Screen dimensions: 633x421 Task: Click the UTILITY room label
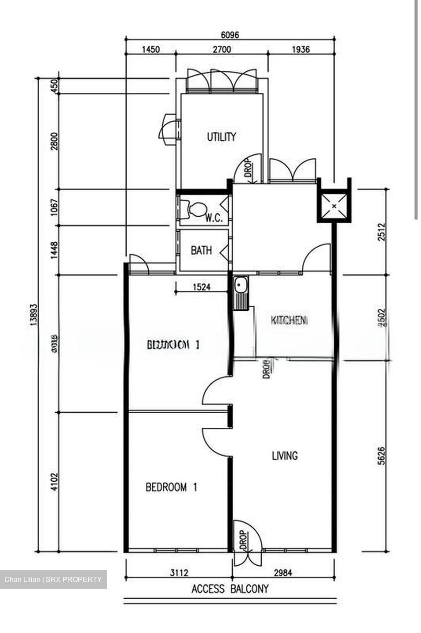click(221, 137)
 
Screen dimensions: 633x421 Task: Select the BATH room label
click(201, 251)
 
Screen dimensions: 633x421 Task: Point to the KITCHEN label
click(289, 320)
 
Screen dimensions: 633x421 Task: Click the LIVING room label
click(285, 456)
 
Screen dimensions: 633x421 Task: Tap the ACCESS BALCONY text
click(230, 589)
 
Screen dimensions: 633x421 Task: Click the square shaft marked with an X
click(334, 206)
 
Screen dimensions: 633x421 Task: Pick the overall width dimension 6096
click(230, 35)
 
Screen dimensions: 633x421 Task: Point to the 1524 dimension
click(201, 287)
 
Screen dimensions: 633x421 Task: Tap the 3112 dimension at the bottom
click(179, 572)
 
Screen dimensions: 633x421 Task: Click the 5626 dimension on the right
click(381, 456)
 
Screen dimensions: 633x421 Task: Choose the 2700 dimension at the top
click(222, 49)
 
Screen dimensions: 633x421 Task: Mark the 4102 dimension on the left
click(55, 482)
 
